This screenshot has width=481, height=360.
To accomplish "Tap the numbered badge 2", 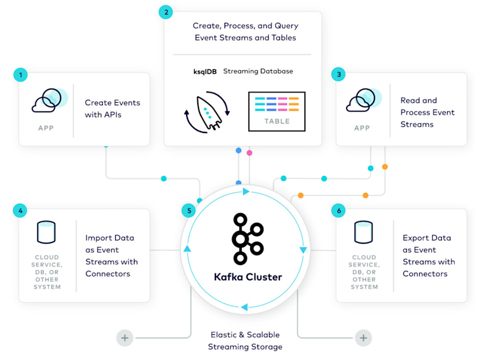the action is click(x=166, y=12).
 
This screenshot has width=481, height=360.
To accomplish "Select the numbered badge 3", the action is click(x=338, y=75).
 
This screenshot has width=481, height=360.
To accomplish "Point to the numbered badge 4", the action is click(x=20, y=211).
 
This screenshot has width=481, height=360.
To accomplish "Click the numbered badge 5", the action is click(x=189, y=211).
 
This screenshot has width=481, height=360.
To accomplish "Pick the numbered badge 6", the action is click(x=338, y=211).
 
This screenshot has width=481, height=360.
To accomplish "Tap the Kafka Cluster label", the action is click(x=248, y=277).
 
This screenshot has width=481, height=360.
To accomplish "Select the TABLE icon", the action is click(x=277, y=111).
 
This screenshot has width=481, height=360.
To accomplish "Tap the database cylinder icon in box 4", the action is click(x=47, y=233).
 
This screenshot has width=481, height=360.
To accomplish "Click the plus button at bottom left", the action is click(x=125, y=338).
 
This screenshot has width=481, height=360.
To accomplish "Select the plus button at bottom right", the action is click(x=363, y=338).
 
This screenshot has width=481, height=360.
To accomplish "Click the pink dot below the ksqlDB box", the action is click(x=249, y=153).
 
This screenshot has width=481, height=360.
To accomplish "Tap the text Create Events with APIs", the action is click(x=112, y=109).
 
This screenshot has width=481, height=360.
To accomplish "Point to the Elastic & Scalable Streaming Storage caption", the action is click(x=245, y=341).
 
